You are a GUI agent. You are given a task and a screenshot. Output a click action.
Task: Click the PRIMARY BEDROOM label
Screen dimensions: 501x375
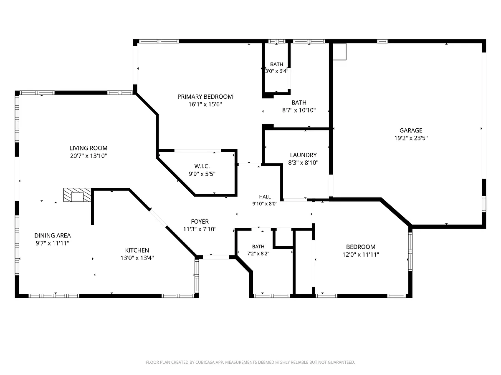pyautogui.click(x=205, y=97)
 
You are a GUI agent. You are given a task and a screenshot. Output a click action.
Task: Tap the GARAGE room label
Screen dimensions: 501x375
pyautogui.click(x=411, y=130)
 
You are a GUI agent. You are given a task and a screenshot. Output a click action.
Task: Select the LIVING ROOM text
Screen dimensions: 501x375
pyautogui.click(x=89, y=148)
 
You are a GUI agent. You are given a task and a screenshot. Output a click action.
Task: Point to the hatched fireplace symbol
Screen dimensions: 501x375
pyautogui.click(x=77, y=195)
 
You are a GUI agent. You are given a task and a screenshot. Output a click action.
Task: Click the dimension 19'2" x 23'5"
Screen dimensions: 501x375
pyautogui.click(x=411, y=138)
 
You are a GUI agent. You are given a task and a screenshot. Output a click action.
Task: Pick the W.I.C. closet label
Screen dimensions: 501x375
pyautogui.click(x=202, y=166)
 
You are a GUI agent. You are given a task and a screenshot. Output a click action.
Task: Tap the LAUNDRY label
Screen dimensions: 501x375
pyautogui.click(x=304, y=155)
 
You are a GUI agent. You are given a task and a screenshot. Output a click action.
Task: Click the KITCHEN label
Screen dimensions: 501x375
pyautogui.click(x=137, y=250)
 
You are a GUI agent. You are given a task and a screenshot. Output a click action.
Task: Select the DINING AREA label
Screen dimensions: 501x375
pyautogui.click(x=53, y=235)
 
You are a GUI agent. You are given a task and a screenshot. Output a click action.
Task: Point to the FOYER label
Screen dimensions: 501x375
pyautogui.click(x=200, y=222)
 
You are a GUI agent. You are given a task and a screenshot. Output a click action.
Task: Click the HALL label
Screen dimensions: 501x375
pyautogui.click(x=265, y=197)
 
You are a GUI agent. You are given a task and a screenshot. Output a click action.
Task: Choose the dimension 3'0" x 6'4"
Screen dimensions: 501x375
pyautogui.click(x=277, y=71)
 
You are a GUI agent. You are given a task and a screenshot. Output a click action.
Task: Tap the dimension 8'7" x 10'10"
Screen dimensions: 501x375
pyautogui.click(x=299, y=110)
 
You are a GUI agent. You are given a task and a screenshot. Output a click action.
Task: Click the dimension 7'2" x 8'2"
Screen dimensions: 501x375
pyautogui.click(x=258, y=254)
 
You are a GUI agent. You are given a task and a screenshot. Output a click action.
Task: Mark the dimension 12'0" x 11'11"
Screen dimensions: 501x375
pyautogui.click(x=361, y=255)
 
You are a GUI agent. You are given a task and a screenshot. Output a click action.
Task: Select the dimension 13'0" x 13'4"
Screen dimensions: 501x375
pyautogui.click(x=137, y=258)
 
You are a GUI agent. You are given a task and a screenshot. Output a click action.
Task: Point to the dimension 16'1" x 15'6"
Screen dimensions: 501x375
pyautogui.click(x=205, y=104)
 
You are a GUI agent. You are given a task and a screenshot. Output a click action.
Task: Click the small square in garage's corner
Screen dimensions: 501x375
pyautogui.click(x=339, y=52)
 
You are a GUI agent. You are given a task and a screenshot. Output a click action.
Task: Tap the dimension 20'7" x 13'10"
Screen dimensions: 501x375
pyautogui.click(x=89, y=156)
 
